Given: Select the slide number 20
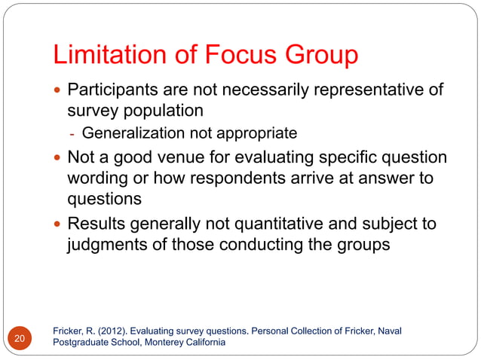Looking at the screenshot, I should point(19,338).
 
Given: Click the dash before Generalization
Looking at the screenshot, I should point(72,134).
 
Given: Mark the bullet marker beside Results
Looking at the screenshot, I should point(58,224).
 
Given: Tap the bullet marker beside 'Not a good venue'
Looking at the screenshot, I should point(58,159).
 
